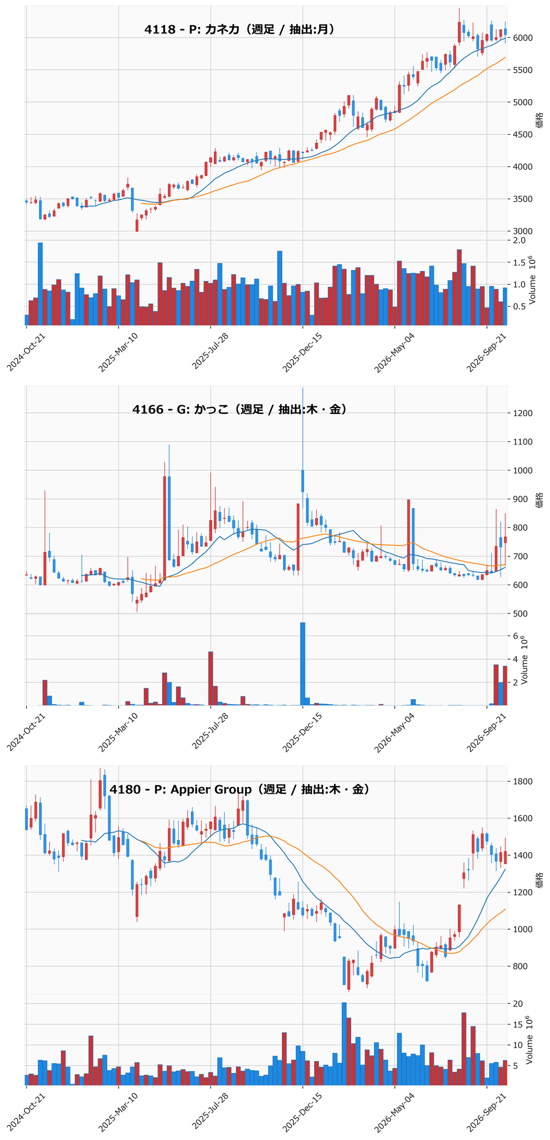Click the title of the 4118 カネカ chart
click(x=239, y=29)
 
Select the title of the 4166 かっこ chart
click(x=239, y=409)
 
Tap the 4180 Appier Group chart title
click(x=239, y=789)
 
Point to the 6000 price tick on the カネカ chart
click(x=522, y=38)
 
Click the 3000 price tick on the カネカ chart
click(x=522, y=232)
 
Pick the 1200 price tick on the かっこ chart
click(x=522, y=413)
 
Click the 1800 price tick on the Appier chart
click(x=522, y=782)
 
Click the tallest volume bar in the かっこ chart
click(x=302, y=664)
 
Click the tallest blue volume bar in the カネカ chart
click(x=40, y=284)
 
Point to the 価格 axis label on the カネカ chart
click(x=540, y=120)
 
